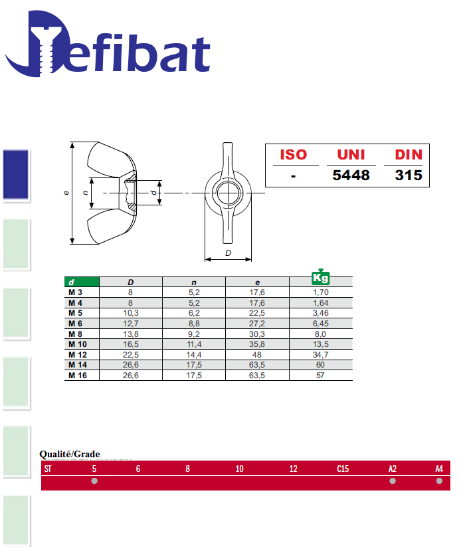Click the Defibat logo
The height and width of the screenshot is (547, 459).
pyautogui.click(x=108, y=44)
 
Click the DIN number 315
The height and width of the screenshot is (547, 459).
pyautogui.click(x=409, y=175)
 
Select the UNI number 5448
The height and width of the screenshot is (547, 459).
pyautogui.click(x=351, y=175)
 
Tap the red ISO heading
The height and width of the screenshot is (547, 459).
pyautogui.click(x=294, y=155)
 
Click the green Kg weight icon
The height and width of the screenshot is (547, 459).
pyautogui.click(x=320, y=277)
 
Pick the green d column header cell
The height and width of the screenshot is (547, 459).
pyautogui.click(x=82, y=282)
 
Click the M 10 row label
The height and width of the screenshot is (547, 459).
pyautogui.click(x=77, y=344)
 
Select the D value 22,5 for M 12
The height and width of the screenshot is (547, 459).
pyautogui.click(x=131, y=355)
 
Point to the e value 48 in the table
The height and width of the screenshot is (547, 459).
pyautogui.click(x=257, y=355)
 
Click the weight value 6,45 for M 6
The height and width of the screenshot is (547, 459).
pyautogui.click(x=320, y=324)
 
